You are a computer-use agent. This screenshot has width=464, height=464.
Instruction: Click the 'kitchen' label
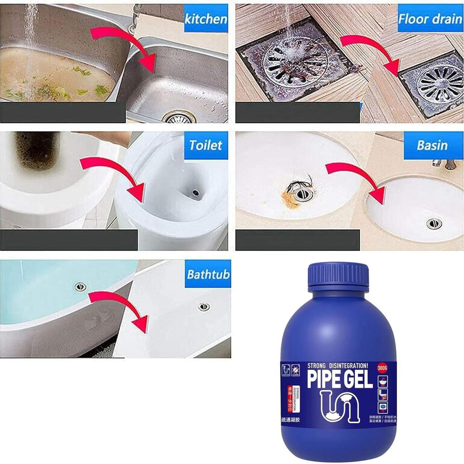tap(206, 19)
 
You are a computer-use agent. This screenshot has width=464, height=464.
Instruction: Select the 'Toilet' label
tap(206, 145)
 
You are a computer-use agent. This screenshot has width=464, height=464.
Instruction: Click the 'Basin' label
tap(432, 145)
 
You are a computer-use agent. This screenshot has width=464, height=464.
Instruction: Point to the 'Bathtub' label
tap(208, 275)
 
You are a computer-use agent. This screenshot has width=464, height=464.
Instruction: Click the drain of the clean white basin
tap(434, 223)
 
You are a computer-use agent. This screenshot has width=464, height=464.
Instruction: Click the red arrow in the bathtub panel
tap(120, 308)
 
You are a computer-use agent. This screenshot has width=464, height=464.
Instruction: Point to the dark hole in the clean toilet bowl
tap(196, 193)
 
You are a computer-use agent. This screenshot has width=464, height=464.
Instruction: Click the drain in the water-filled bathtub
tap(81, 286)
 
